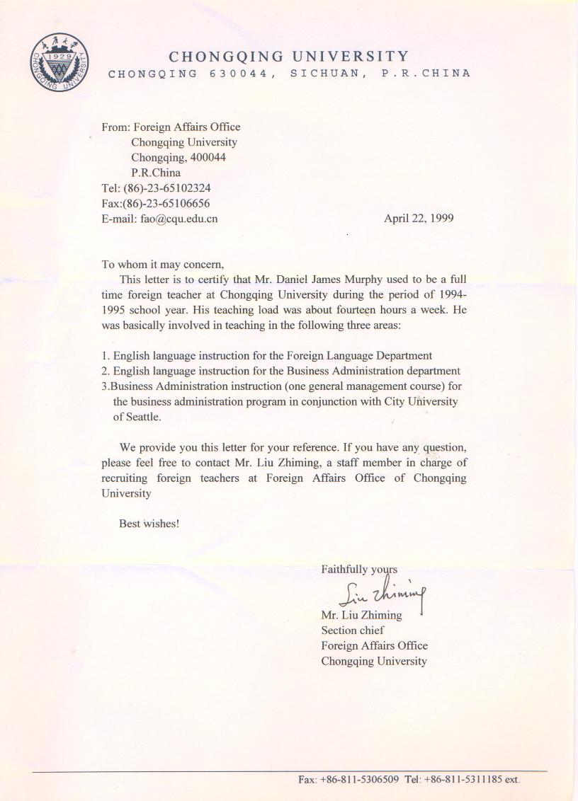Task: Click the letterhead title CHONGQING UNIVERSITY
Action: tap(289, 57)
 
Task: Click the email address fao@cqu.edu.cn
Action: tap(178, 219)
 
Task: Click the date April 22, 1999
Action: tap(419, 218)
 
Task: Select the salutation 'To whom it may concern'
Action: tap(162, 265)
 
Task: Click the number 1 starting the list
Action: tap(105, 356)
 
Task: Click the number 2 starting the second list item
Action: tap(105, 371)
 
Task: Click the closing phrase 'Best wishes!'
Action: tap(149, 524)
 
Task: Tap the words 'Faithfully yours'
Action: tap(359, 569)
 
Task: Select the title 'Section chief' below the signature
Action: tap(353, 630)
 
